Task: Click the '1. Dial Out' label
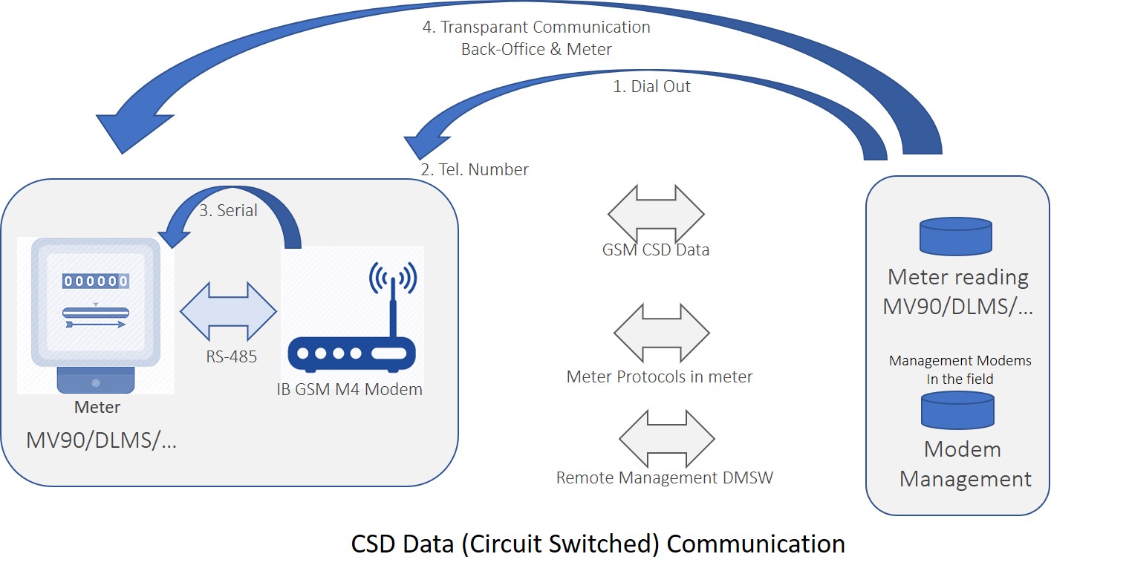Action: click(x=651, y=86)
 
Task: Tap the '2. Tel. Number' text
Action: click(x=475, y=169)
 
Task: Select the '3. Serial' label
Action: click(x=228, y=210)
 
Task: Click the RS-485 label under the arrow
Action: click(x=231, y=356)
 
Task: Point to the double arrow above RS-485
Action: click(x=228, y=311)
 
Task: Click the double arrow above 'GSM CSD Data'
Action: click(x=657, y=214)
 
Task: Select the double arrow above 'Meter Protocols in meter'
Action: click(x=662, y=333)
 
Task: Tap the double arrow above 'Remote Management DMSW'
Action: click(x=667, y=438)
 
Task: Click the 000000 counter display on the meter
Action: click(x=96, y=281)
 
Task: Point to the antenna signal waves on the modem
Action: click(x=393, y=277)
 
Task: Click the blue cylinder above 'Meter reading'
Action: click(x=956, y=236)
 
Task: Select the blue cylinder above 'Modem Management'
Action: click(x=957, y=410)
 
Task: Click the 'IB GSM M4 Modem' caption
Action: click(x=349, y=389)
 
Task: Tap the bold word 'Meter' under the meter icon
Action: click(x=97, y=407)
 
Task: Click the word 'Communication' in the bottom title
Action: click(x=755, y=544)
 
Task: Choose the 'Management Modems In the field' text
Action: click(x=960, y=369)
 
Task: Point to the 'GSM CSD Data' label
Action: click(x=656, y=250)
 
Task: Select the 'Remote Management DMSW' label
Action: click(x=664, y=477)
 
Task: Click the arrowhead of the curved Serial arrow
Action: click(x=173, y=236)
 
